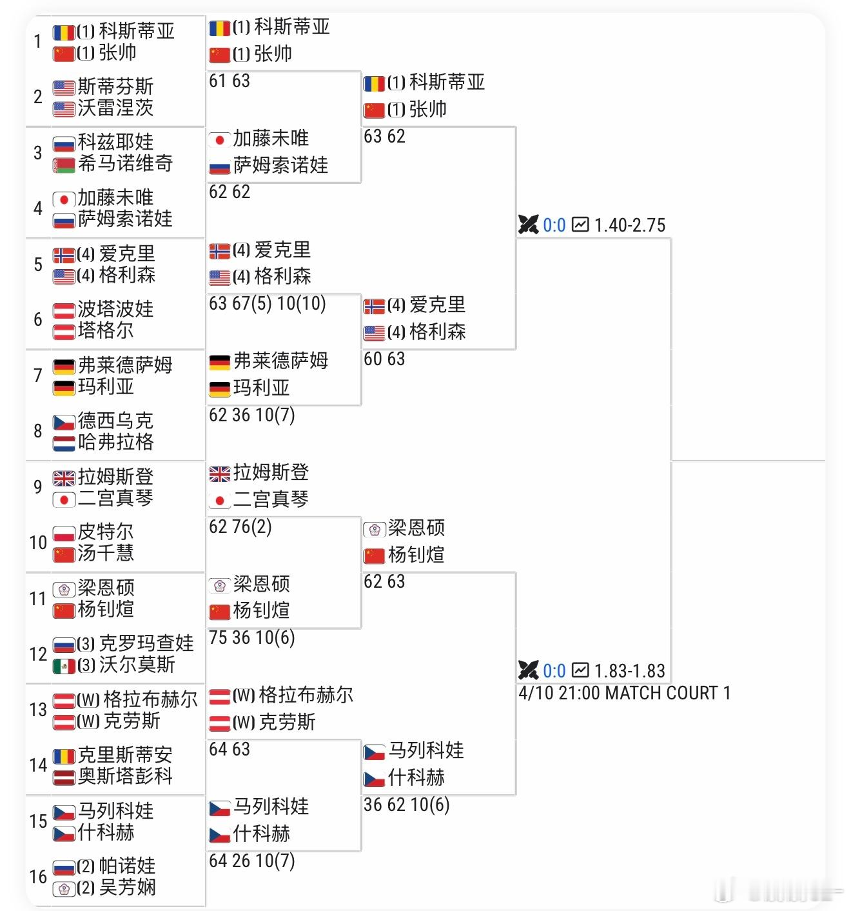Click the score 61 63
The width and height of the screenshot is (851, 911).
pyautogui.click(x=230, y=81)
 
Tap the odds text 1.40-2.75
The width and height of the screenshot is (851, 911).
pyautogui.click(x=629, y=225)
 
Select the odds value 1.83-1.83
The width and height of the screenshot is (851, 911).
pyautogui.click(x=629, y=671)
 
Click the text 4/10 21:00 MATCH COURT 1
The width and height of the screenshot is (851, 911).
pyautogui.click(x=624, y=694)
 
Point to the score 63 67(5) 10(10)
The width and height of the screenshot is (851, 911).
pyautogui.click(x=268, y=304)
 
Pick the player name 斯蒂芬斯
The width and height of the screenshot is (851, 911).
pyautogui.click(x=115, y=86)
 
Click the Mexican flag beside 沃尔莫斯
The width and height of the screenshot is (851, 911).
pyautogui.click(x=64, y=666)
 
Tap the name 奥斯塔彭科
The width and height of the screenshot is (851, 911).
pyautogui.click(x=125, y=776)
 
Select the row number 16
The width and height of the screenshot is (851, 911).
pyautogui.click(x=38, y=877)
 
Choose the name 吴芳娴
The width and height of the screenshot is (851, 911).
pyautogui.click(x=127, y=888)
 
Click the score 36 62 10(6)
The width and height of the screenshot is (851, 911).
pyautogui.click(x=406, y=805)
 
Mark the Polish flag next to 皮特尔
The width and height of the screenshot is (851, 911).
pyautogui.click(x=64, y=534)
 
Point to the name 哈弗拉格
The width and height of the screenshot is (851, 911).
pyautogui.click(x=115, y=443)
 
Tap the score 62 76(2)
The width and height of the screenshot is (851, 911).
pyautogui.click(x=240, y=527)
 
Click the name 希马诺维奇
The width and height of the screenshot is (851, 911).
pyautogui.click(x=125, y=164)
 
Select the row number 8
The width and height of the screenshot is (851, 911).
pyautogui.click(x=38, y=431)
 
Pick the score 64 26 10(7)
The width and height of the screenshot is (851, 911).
pyautogui.click(x=251, y=861)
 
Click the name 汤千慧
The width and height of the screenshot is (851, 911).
pyautogui.click(x=106, y=554)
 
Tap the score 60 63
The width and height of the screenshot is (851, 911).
pyautogui.click(x=384, y=359)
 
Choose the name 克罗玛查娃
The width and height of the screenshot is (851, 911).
pyautogui.click(x=146, y=643)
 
